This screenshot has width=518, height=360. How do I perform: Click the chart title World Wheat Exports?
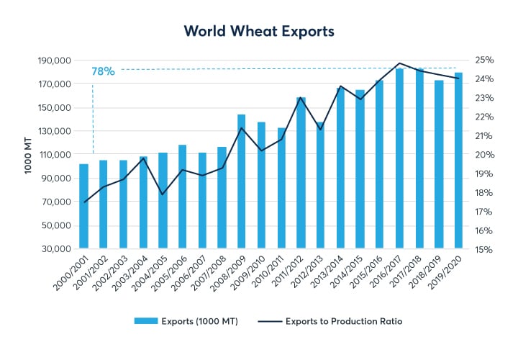[258, 31]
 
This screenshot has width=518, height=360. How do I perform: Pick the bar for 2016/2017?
[400, 158]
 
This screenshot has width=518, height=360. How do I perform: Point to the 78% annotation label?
[104, 71]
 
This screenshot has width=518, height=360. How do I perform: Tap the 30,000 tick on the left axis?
[53, 249]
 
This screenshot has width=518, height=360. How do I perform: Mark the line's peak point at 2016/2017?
[400, 63]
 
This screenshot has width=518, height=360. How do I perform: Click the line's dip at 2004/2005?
[163, 194]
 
